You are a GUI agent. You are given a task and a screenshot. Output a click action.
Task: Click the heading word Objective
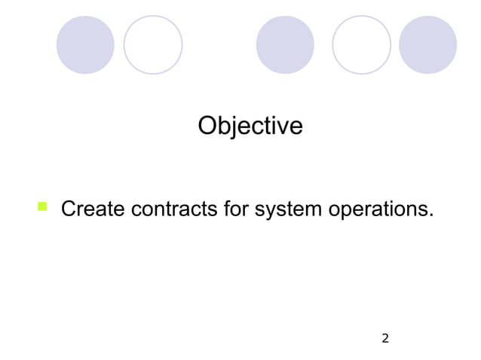pos(250,127)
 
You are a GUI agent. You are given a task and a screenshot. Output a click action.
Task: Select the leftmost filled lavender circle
pos(85,45)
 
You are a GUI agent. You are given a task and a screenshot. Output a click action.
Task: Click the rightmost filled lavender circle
pos(427,45)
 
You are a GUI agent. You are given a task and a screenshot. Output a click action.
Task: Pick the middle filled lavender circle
pos(285,45)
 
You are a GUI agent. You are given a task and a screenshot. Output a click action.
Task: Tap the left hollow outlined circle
pos(153,45)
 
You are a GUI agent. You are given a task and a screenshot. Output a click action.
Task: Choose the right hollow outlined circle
pos(361,45)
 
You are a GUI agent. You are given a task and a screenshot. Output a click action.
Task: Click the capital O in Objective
pos(207,126)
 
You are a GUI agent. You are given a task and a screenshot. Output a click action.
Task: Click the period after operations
pos(431,214)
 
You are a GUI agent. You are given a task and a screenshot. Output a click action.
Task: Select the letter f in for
pos(228,208)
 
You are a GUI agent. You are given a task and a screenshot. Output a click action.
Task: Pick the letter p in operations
pos(351,211)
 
